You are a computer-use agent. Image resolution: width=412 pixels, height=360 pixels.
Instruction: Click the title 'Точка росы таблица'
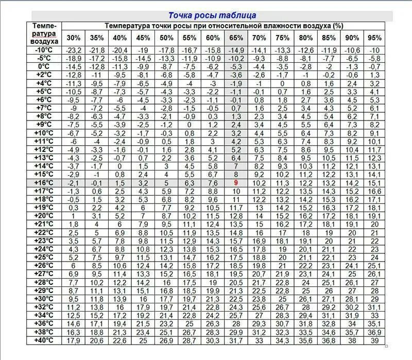tap(212, 16)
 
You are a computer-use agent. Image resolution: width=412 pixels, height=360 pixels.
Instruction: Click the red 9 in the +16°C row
tap(236, 183)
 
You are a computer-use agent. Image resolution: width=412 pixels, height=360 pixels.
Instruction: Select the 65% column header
tap(236, 38)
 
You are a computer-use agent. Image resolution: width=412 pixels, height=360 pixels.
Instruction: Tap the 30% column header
tap(74, 38)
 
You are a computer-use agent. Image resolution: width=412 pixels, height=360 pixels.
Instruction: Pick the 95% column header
tap(375, 38)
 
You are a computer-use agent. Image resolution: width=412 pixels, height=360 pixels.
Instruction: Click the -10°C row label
tap(43, 50)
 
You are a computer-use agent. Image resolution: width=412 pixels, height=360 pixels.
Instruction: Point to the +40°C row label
tap(43, 340)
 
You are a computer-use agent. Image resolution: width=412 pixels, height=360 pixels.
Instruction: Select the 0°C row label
tap(43, 66)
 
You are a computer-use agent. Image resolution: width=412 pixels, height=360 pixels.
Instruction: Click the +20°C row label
tap(43, 216)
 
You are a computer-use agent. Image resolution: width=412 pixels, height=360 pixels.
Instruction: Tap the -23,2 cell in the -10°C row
tap(74, 50)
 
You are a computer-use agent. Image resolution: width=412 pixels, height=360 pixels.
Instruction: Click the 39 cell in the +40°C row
tap(375, 340)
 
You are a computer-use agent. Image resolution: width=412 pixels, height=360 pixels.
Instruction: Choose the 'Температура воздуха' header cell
tap(44, 33)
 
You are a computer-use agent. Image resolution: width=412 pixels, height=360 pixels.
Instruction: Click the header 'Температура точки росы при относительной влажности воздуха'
tap(224, 25)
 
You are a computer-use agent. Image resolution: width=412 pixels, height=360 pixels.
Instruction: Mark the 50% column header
tap(166, 38)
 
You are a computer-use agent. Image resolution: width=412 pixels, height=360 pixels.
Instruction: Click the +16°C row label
tap(43, 183)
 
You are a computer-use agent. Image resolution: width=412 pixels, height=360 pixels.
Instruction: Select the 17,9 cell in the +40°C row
tap(74, 340)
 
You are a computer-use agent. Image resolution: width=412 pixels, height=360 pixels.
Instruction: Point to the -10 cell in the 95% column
tap(375, 50)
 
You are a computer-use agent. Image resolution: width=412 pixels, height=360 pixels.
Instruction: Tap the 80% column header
tap(305, 38)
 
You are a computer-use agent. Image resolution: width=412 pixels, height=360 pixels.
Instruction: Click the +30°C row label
tap(43, 299)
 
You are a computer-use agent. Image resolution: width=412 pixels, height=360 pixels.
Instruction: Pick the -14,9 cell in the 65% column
tap(236, 50)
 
